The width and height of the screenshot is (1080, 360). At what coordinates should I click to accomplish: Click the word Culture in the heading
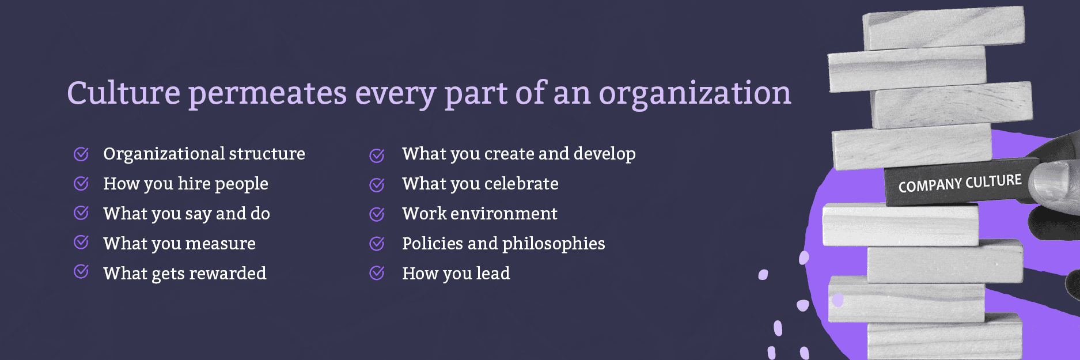(x=124, y=93)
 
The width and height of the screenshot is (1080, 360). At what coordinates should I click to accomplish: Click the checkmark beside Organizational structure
(x=81, y=154)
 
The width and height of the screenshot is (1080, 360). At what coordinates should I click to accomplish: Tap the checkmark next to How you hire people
(x=81, y=184)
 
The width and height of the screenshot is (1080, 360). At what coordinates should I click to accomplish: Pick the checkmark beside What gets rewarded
(x=81, y=271)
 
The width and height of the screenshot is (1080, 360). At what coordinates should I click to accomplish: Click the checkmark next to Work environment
(x=377, y=214)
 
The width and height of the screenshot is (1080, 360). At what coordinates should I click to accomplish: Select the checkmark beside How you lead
(x=377, y=273)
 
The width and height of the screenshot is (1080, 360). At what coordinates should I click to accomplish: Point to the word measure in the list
(x=221, y=244)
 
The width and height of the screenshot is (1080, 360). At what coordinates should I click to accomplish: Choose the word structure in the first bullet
(x=267, y=154)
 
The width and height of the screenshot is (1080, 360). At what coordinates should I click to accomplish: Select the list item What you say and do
(x=187, y=214)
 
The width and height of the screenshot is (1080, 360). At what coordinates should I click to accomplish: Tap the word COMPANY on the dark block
(x=930, y=185)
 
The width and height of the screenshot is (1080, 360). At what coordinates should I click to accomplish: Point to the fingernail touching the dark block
(x=1050, y=180)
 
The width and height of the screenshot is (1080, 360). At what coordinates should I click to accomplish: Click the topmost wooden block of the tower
(x=943, y=27)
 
